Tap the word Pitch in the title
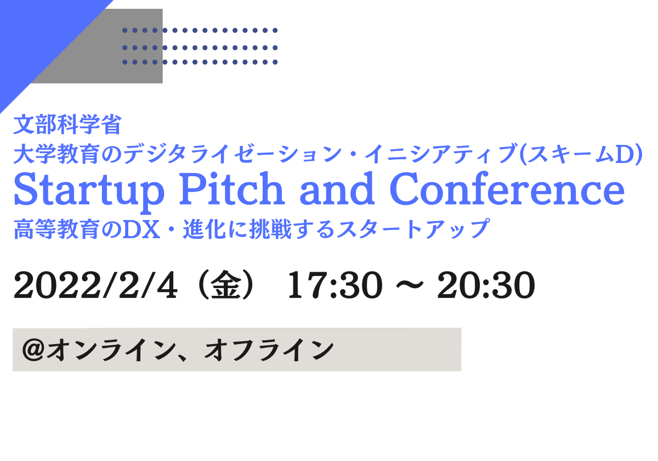[x=231, y=189]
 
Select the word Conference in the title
[x=507, y=189]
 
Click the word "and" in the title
[x=337, y=189]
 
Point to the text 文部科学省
[x=67, y=125]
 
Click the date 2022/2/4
[x=96, y=285]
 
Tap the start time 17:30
[x=335, y=285]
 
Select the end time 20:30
[x=486, y=285]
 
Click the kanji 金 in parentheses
[x=224, y=285]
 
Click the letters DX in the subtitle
[x=141, y=229]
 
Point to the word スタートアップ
[x=412, y=229]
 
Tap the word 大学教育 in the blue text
[x=56, y=154]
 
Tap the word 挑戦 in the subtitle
[x=270, y=229]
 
